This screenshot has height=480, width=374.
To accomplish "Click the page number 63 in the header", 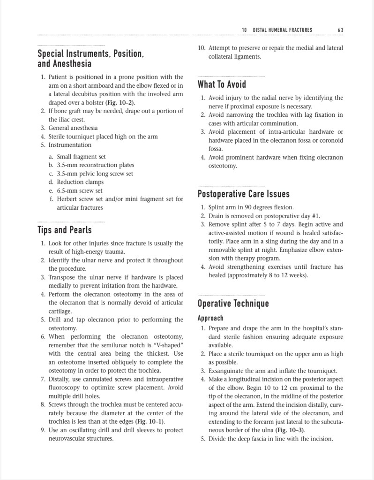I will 340,30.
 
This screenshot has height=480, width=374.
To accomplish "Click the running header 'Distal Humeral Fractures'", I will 282,30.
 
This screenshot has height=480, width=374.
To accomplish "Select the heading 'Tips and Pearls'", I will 65,230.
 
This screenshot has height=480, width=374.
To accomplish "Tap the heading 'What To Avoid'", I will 222,84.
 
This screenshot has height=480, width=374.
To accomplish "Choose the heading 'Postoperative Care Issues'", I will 244,194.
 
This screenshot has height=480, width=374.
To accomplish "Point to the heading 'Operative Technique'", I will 233,303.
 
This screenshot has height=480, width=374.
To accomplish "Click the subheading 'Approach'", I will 210,318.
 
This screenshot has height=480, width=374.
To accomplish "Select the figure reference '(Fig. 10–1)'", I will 150,421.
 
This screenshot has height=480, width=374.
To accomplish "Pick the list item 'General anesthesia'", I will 73,128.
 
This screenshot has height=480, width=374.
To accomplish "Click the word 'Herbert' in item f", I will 68,199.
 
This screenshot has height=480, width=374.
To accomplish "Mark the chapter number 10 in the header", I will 245,30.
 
